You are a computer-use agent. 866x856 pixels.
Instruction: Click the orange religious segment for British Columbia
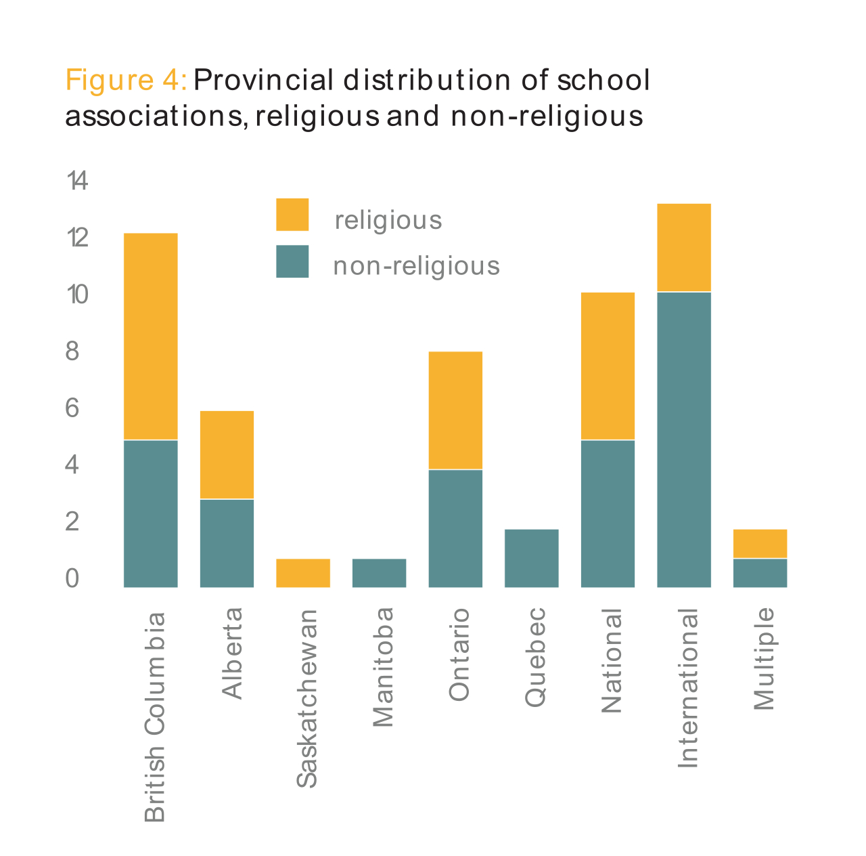[x=150, y=337]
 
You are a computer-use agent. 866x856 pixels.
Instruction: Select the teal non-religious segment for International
[x=683, y=440]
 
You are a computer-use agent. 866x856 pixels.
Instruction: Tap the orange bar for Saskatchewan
[x=302, y=573]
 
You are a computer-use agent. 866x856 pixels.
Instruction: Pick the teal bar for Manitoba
[x=379, y=573]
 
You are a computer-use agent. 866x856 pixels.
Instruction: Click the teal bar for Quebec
[x=531, y=558]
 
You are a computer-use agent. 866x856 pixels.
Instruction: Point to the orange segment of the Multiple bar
[x=760, y=543]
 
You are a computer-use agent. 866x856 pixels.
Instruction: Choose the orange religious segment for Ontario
[x=455, y=410]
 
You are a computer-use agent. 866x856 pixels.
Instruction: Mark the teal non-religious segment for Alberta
[x=227, y=543]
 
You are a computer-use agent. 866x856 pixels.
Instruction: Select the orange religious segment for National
[x=608, y=366]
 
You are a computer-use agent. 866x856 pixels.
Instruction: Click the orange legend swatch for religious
[x=292, y=215]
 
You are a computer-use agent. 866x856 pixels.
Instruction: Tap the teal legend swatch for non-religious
[x=292, y=261]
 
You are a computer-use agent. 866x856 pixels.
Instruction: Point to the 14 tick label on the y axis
[x=77, y=181]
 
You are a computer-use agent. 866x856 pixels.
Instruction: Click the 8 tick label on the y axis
[x=72, y=352]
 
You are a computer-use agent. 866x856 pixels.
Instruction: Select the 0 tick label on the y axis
[x=72, y=579]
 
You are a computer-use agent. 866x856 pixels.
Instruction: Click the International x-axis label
[x=687, y=688]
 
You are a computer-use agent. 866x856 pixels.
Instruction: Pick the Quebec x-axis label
[x=535, y=658]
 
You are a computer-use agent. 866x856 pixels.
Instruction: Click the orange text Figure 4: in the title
[x=126, y=81]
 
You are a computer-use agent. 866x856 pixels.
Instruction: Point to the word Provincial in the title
[x=263, y=81]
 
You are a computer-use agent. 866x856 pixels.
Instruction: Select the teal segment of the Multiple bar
[x=760, y=573]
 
